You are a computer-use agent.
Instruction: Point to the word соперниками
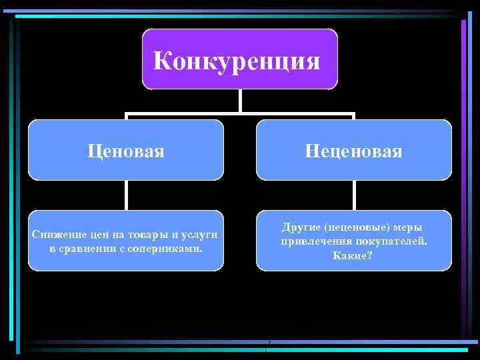(170, 249)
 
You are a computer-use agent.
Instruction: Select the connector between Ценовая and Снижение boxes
(125, 195)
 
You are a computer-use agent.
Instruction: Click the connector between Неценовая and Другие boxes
(354, 195)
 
